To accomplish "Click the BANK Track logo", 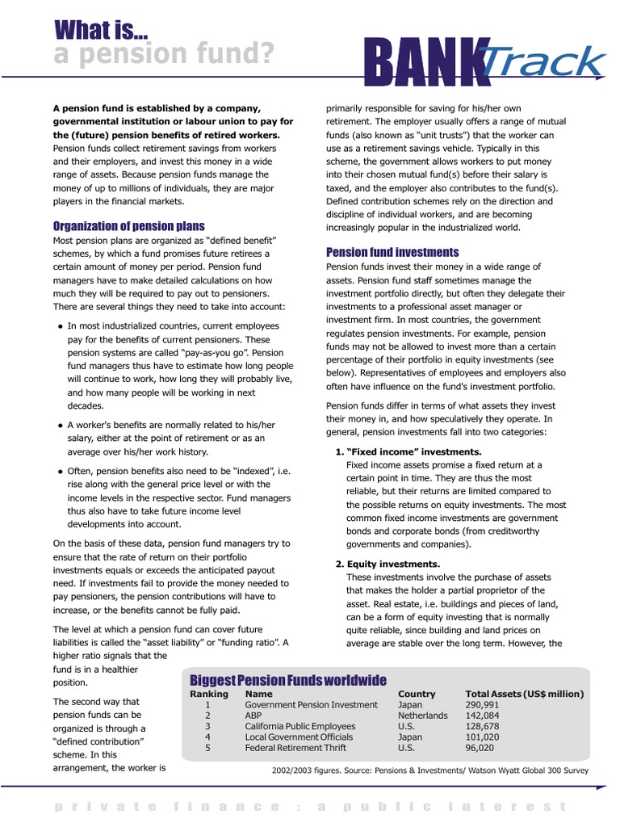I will [x=485, y=61].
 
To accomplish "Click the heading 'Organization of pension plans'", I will [x=128, y=226].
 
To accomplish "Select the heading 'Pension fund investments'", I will [x=392, y=252].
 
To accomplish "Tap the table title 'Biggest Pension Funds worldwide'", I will [x=287, y=680].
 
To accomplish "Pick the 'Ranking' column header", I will [x=209, y=694].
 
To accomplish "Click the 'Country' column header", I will [x=417, y=694].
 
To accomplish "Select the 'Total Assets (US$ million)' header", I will [x=525, y=694].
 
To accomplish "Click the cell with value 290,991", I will [x=483, y=705].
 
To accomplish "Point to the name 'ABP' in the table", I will [x=254, y=716].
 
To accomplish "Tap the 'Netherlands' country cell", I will [x=422, y=716].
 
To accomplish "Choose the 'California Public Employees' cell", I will [x=300, y=727].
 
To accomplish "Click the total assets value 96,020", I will [x=481, y=748].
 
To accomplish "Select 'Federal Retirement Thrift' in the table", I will [x=295, y=748].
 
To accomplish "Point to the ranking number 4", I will [x=207, y=737].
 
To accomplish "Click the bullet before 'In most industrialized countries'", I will [x=61, y=326].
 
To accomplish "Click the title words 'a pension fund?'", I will [x=164, y=55].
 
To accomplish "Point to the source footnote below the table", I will [x=431, y=770].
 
